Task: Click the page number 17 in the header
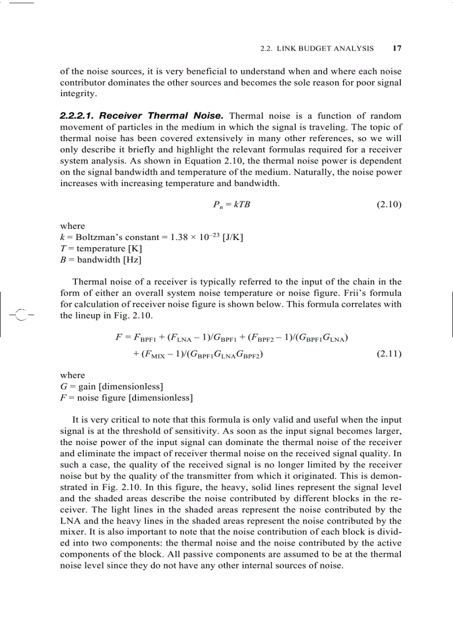(397, 48)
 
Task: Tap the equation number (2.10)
(389, 204)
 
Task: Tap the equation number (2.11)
(389, 353)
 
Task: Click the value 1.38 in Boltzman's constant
(180, 237)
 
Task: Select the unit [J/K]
(233, 237)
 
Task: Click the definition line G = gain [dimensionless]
(111, 386)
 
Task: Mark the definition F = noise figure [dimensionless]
(126, 397)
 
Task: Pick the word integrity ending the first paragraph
(78, 93)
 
